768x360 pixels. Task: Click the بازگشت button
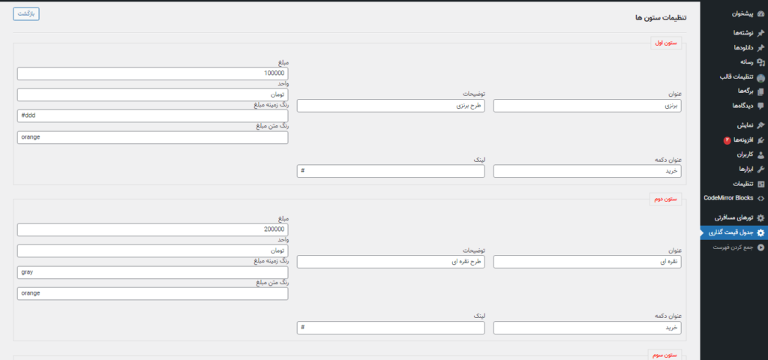(26, 13)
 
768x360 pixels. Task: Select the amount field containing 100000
(152, 74)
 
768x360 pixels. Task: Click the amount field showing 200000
(152, 229)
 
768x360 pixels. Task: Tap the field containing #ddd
(152, 116)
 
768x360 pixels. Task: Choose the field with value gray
(152, 272)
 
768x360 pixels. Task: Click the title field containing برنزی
(587, 106)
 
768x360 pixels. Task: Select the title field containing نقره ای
(587, 262)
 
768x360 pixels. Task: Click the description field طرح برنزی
(391, 106)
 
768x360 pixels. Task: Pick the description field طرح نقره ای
(391, 262)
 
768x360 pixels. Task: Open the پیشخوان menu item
(734, 14)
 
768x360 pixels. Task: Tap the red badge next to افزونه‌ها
(727, 140)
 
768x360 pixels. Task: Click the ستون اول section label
(666, 43)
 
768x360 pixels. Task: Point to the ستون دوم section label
(666, 199)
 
